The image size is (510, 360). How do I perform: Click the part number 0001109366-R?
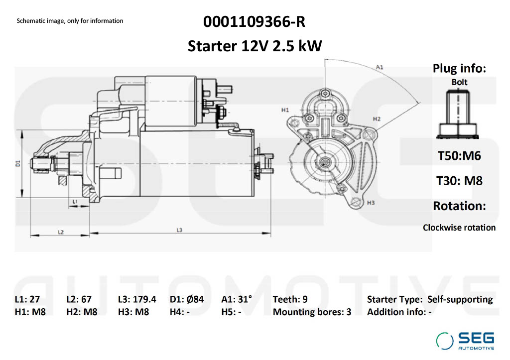tap(254, 22)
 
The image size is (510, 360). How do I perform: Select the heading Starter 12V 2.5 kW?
tap(255, 46)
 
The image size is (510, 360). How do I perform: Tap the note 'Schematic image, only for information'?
tap(70, 21)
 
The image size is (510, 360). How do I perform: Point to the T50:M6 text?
tap(459, 156)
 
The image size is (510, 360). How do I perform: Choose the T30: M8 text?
tap(459, 180)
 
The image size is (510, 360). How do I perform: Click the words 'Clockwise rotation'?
tap(459, 228)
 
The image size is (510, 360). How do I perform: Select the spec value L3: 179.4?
tap(137, 299)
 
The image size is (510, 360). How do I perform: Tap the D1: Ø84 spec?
tap(187, 299)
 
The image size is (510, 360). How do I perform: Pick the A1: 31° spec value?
tap(237, 299)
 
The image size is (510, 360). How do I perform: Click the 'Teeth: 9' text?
tap(290, 299)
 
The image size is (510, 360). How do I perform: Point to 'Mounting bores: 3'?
tap(312, 312)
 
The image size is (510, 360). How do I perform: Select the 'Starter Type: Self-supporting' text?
tap(429, 299)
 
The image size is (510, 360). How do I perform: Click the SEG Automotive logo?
tap(465, 341)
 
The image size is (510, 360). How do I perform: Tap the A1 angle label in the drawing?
tap(379, 67)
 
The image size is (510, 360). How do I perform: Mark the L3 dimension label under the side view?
tap(180, 230)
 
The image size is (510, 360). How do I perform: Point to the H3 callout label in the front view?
tap(370, 203)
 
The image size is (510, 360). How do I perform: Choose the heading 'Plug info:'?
tap(459, 69)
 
